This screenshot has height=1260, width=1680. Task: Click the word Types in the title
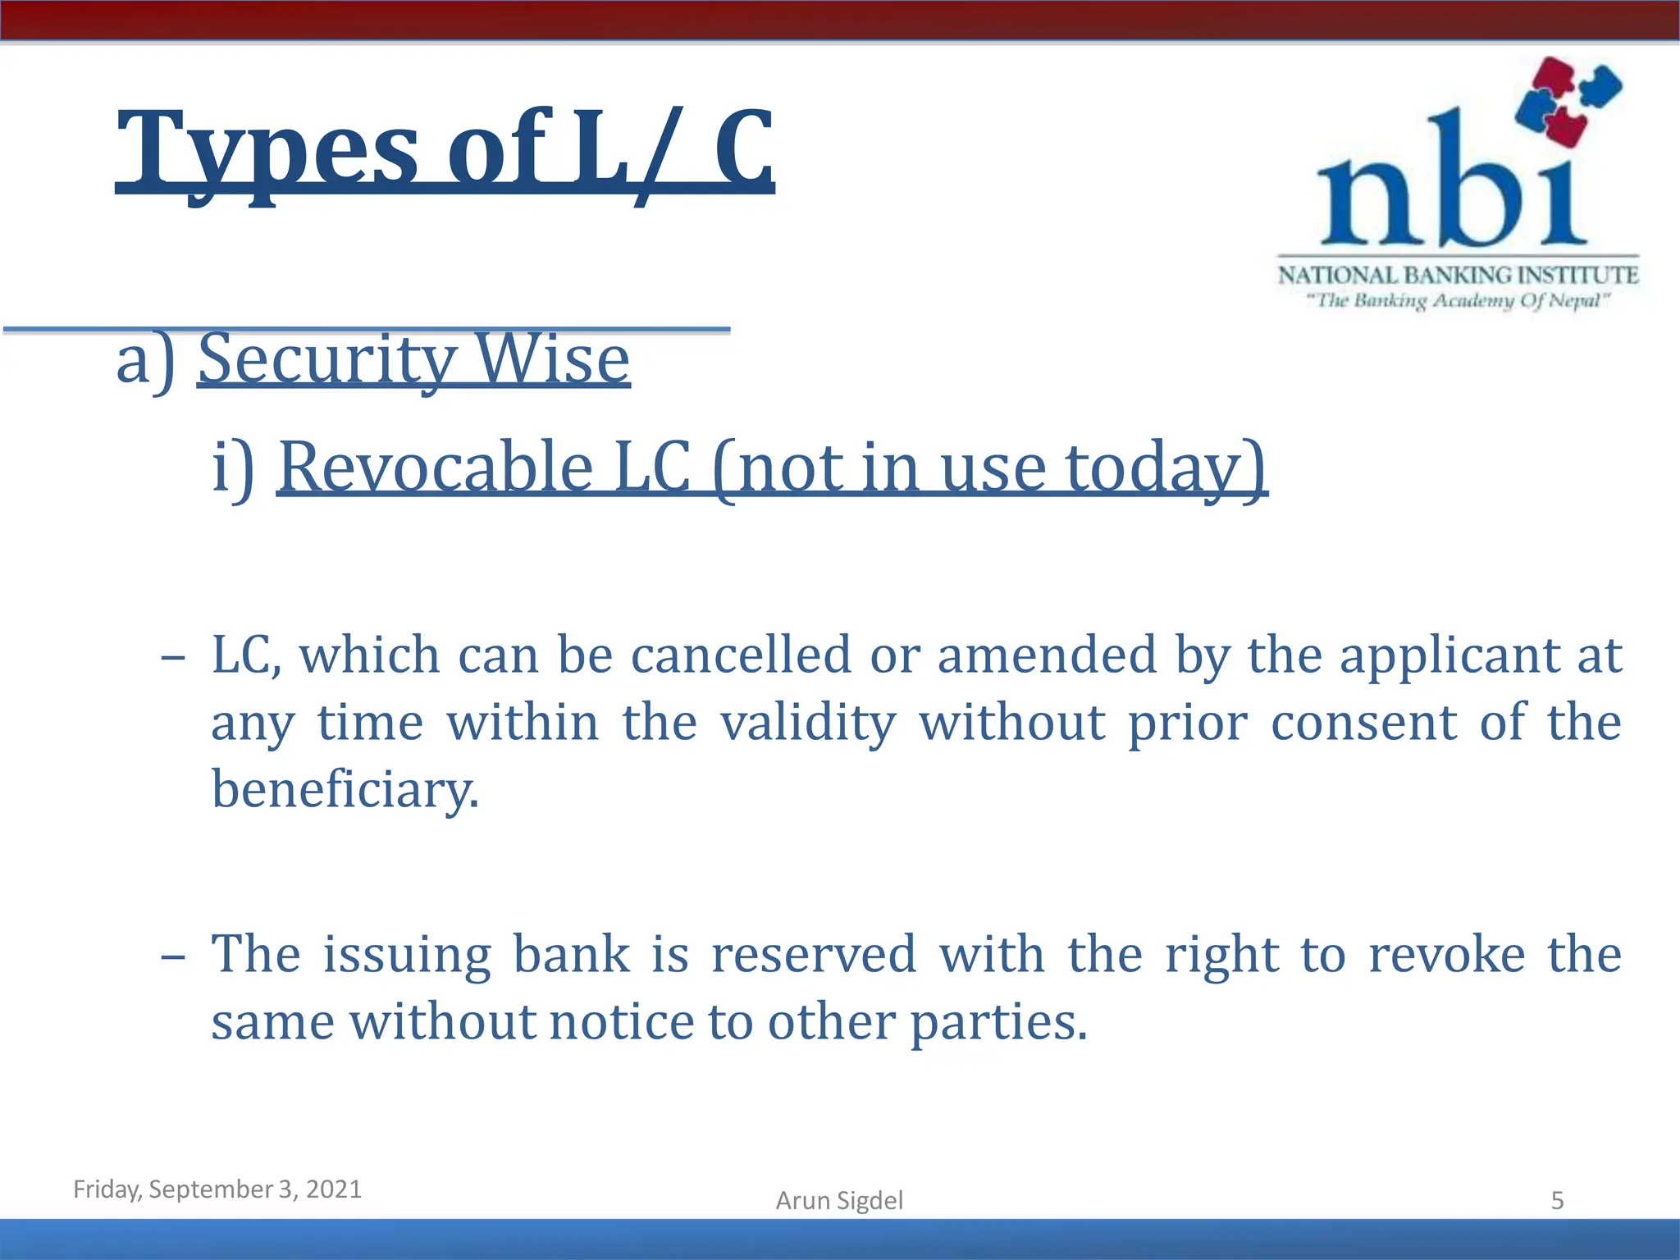(267, 151)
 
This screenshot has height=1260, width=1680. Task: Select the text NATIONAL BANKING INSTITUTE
(1458, 275)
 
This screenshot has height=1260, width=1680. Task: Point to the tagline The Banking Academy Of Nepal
(1458, 301)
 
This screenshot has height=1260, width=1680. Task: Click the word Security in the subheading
(326, 360)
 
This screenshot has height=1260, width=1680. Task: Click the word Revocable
(436, 468)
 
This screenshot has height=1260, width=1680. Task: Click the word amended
(1046, 655)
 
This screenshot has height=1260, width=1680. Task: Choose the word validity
(809, 723)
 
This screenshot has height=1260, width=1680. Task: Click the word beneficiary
(345, 790)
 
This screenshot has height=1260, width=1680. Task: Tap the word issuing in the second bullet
(407, 955)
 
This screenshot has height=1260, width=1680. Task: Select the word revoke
(1447, 955)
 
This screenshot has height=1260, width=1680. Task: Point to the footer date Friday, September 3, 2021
(217, 1189)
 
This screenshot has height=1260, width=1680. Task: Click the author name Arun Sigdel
(839, 1200)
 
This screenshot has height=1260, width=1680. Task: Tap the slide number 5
(1557, 1201)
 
